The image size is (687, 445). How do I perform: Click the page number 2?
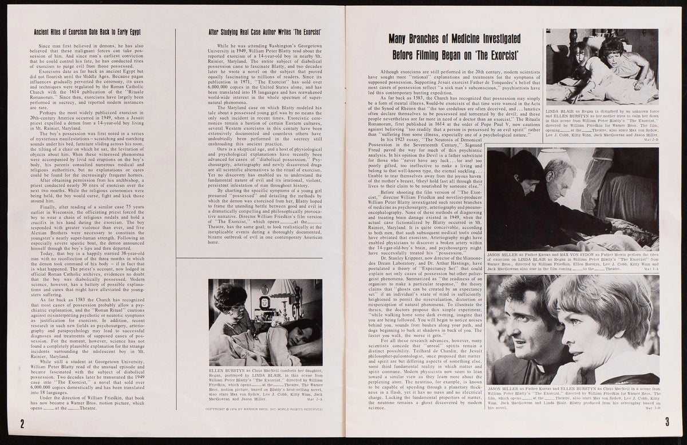point(22,424)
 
